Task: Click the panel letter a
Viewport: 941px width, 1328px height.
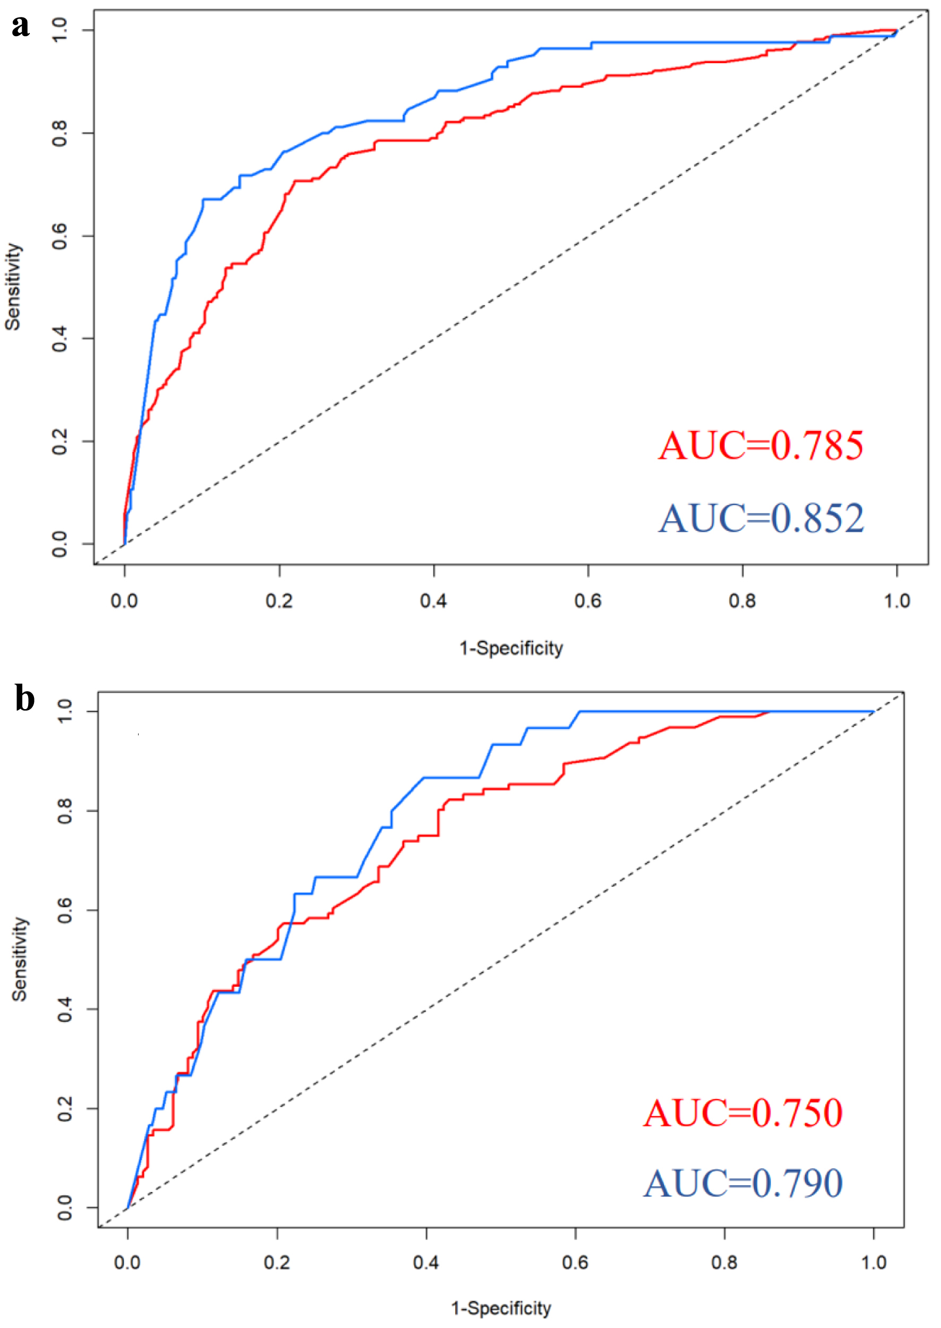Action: click(21, 26)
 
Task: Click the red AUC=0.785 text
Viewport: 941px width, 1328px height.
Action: click(760, 446)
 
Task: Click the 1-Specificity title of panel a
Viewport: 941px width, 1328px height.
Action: click(511, 648)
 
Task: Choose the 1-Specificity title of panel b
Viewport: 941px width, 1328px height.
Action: click(501, 1308)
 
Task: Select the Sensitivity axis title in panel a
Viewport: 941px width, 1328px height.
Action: click(13, 287)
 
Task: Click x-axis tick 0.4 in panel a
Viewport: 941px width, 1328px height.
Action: click(433, 601)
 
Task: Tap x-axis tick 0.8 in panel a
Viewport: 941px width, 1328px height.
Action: click(742, 601)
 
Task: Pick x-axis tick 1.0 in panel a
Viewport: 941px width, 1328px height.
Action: click(896, 601)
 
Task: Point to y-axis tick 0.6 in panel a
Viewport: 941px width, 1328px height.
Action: click(60, 236)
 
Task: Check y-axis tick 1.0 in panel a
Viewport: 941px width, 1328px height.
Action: click(60, 30)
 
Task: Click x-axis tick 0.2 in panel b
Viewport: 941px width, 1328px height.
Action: click(277, 1263)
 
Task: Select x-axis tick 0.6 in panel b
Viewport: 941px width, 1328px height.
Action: click(575, 1263)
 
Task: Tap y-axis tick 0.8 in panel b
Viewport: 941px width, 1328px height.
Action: click(65, 811)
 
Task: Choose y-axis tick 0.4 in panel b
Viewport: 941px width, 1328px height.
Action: click(65, 1010)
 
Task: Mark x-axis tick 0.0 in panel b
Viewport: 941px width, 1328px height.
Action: click(127, 1263)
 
